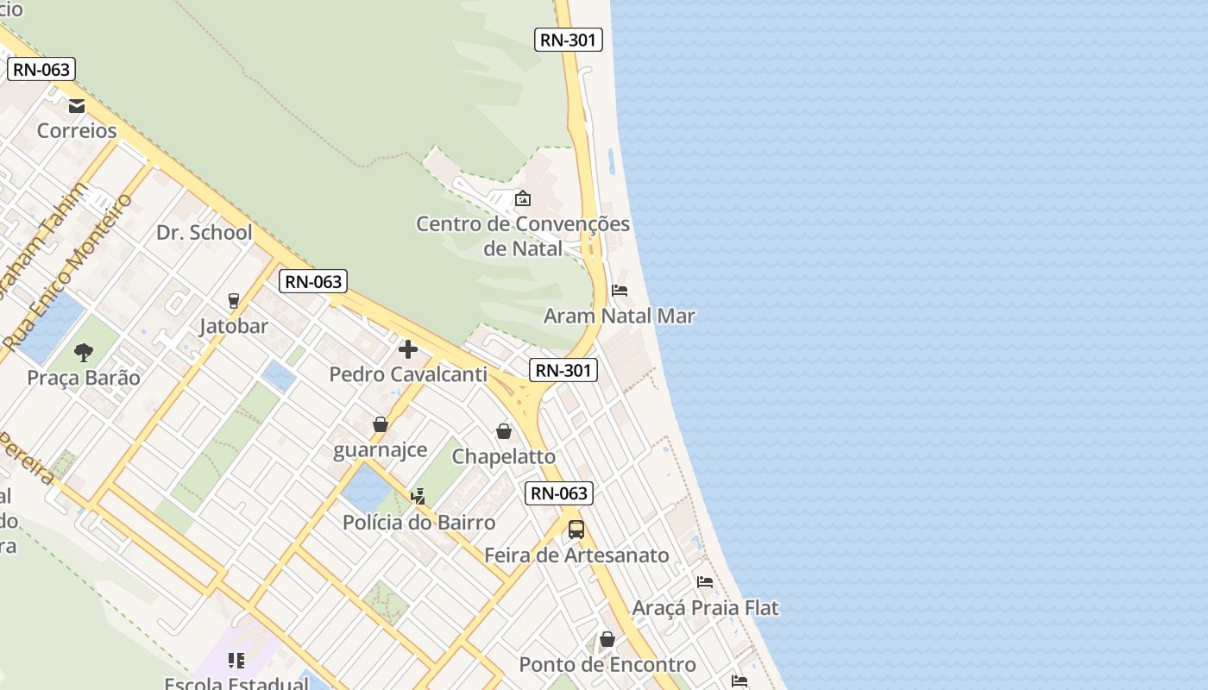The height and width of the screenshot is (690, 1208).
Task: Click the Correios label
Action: [77, 131]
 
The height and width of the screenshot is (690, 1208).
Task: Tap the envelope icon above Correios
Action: [77, 106]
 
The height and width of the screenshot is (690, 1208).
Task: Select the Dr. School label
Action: [204, 233]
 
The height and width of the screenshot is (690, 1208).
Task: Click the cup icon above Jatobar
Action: [233, 300]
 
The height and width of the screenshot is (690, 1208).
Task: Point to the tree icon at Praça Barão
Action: [84, 352]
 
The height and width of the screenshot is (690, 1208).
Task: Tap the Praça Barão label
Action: [84, 378]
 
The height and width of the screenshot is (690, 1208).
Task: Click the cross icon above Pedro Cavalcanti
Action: [408, 349]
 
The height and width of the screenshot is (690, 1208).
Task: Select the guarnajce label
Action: [381, 450]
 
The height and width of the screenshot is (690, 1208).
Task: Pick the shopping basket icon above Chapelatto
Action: [504, 430]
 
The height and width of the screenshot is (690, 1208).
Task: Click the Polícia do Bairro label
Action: [419, 523]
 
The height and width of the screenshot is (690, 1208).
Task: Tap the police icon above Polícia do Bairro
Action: [418, 496]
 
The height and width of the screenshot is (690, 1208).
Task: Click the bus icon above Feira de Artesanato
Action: [576, 530]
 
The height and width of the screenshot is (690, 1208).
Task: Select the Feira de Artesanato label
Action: [576, 555]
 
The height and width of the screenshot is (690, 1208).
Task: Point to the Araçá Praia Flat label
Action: [705, 608]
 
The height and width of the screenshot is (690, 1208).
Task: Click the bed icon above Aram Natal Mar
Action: [620, 291]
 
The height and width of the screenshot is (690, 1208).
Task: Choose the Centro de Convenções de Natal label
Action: [523, 236]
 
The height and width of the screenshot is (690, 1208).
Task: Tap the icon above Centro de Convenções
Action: [522, 199]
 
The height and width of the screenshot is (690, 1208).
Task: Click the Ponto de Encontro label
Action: [607, 665]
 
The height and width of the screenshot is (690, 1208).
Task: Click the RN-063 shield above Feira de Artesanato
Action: [559, 493]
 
